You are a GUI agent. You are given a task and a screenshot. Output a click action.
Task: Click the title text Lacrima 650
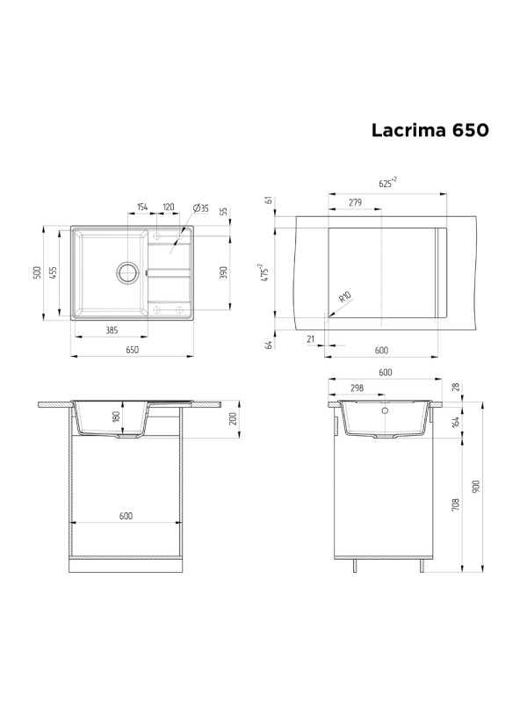click(x=429, y=130)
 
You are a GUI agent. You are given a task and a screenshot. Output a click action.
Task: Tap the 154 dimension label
click(x=142, y=208)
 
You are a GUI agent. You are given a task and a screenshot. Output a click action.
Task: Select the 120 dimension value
click(x=167, y=208)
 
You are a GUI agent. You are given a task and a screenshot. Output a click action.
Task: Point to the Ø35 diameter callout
click(x=199, y=208)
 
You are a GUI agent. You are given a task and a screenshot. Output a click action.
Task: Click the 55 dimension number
click(x=224, y=212)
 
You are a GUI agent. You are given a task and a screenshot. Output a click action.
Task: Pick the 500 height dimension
click(x=37, y=273)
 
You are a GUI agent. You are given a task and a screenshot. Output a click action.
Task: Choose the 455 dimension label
click(x=54, y=273)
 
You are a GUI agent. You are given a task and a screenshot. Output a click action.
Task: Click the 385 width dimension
click(x=112, y=330)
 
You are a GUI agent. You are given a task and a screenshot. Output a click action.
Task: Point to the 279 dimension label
click(x=355, y=203)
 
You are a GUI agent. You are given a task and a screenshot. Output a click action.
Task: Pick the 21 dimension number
click(x=312, y=337)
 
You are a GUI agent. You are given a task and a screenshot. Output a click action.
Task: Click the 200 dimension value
click(x=233, y=418)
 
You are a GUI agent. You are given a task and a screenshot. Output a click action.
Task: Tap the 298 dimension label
click(x=357, y=388)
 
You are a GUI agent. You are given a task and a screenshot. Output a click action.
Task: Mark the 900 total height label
click(x=475, y=485)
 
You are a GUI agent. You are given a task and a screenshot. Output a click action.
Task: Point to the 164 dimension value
click(x=456, y=421)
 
